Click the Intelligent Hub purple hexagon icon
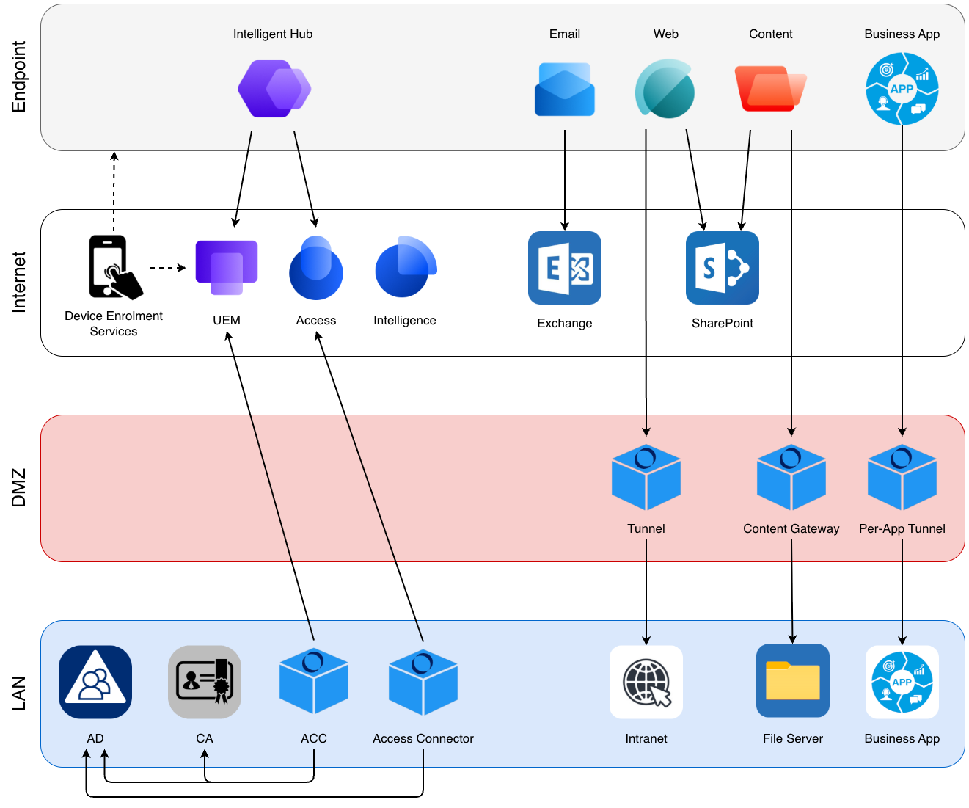pyautogui.click(x=274, y=89)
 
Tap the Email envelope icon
pyautogui.click(x=564, y=90)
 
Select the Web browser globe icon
pyautogui.click(x=665, y=90)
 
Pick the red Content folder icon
pyautogui.click(x=769, y=89)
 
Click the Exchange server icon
pyautogui.click(x=564, y=268)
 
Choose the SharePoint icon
pyautogui.click(x=722, y=268)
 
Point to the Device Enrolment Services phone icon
pyautogui.click(x=114, y=267)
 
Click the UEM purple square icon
pyautogui.click(x=226, y=267)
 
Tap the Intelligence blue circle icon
pyautogui.click(x=405, y=267)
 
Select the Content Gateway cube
pyautogui.click(x=791, y=478)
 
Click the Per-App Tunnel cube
pyautogui.click(x=902, y=478)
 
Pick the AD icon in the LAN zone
pyautogui.click(x=95, y=682)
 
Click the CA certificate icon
pyautogui.click(x=205, y=682)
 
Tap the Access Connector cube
pyautogui.click(x=423, y=683)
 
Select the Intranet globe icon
pyautogui.click(x=646, y=682)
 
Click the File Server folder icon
pyautogui.click(x=792, y=681)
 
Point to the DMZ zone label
pyautogui.click(x=19, y=488)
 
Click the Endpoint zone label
pyautogui.click(x=19, y=76)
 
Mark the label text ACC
pyautogui.click(x=314, y=738)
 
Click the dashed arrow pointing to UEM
pyautogui.click(x=168, y=268)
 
